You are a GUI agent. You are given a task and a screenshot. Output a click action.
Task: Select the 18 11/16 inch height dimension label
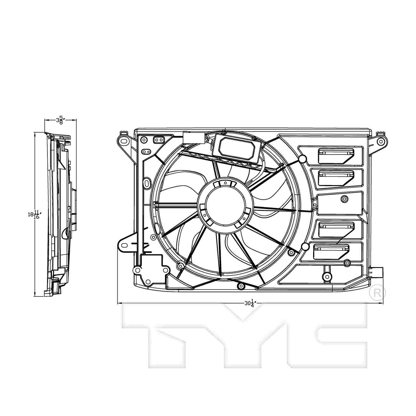(x=35, y=214)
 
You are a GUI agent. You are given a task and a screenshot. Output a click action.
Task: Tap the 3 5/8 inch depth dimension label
(x=60, y=120)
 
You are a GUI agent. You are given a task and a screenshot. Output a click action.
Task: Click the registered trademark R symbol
(x=377, y=293)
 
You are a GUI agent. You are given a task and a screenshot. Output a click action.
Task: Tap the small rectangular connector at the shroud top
(x=194, y=138)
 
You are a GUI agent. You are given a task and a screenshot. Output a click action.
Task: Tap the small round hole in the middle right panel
(x=344, y=199)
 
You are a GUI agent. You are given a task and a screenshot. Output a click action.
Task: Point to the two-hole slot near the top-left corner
(x=159, y=140)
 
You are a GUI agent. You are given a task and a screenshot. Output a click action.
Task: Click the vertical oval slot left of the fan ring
(x=147, y=183)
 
